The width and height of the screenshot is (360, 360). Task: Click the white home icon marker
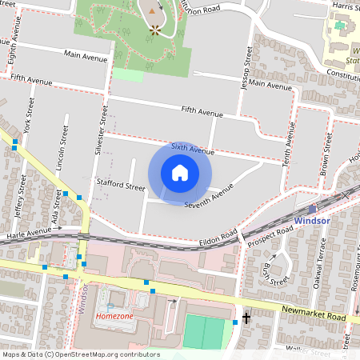pos(180,173)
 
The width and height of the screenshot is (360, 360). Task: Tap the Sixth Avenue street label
pos(193,150)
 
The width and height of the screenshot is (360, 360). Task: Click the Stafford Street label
pos(120,186)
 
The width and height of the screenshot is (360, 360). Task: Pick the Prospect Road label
pos(267,232)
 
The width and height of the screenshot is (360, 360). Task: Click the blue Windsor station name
pos(311,220)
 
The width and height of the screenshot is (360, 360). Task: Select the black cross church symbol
pos(246,318)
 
